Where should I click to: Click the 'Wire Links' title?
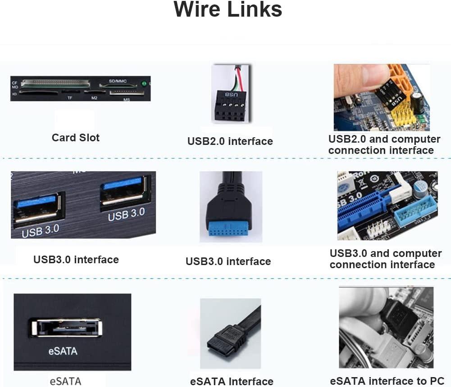(x=228, y=10)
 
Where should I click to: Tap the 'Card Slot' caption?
(x=76, y=138)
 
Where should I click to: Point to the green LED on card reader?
(x=144, y=83)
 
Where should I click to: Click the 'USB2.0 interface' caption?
(x=230, y=141)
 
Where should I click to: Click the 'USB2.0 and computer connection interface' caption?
(x=384, y=144)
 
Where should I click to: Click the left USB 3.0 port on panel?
(x=36, y=207)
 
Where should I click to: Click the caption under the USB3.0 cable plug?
(x=228, y=261)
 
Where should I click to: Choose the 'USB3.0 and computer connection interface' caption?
(x=385, y=259)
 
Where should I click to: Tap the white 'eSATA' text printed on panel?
(x=63, y=351)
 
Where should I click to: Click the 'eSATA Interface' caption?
(x=232, y=381)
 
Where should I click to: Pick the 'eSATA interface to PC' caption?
(x=387, y=381)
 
